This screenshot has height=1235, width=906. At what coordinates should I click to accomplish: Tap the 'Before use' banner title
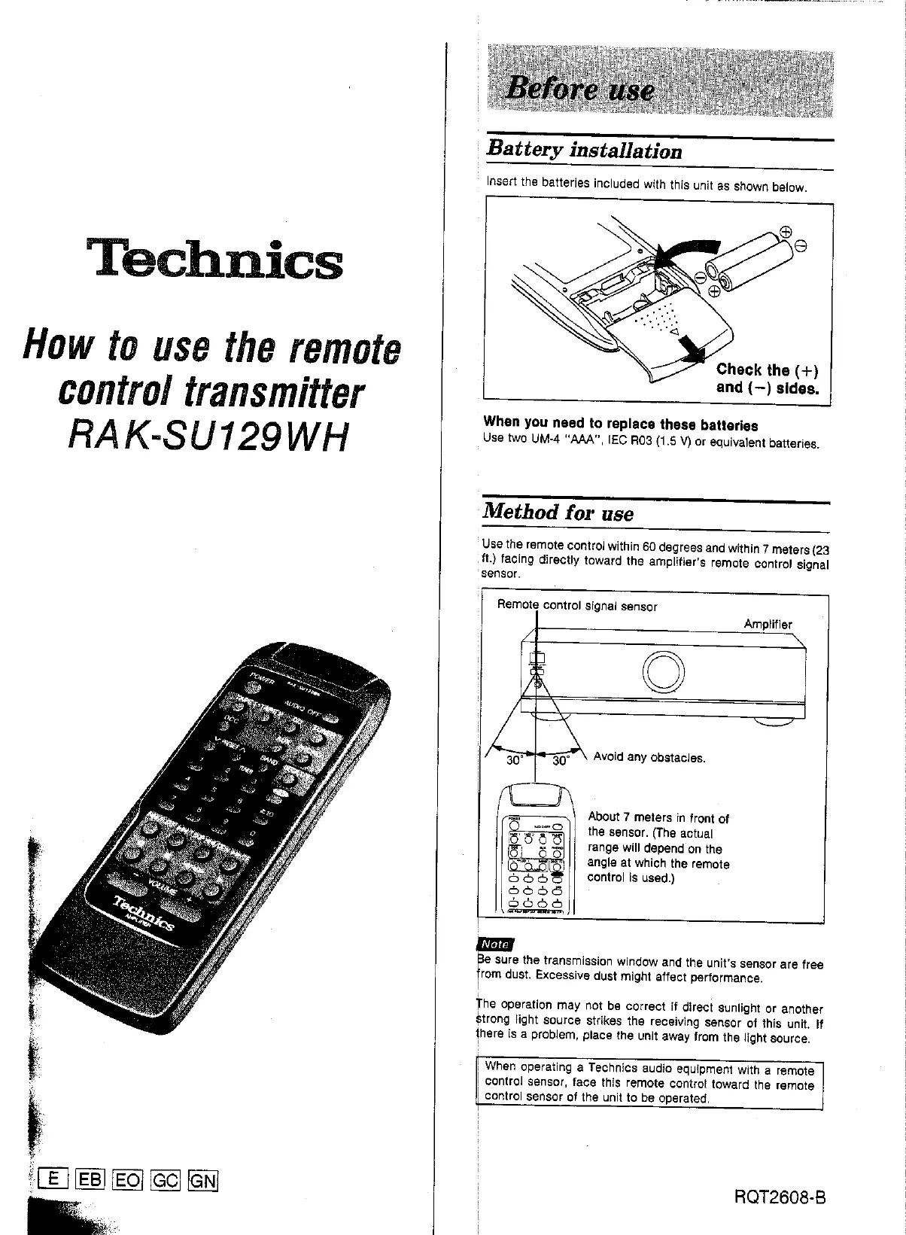(x=579, y=89)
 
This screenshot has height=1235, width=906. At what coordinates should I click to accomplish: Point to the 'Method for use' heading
(x=558, y=513)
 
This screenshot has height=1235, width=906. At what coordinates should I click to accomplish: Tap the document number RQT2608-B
(x=780, y=1197)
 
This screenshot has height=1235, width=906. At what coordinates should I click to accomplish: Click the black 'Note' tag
(x=495, y=944)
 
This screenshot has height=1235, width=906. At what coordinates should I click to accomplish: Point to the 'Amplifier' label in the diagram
(x=768, y=624)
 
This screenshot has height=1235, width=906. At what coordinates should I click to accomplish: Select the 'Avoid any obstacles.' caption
(x=649, y=757)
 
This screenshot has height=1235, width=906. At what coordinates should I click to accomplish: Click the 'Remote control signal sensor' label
(x=577, y=606)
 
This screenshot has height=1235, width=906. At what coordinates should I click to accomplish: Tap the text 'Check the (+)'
(x=767, y=370)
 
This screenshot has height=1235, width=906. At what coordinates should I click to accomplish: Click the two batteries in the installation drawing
(x=749, y=260)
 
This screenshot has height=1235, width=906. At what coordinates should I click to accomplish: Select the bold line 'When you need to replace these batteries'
(x=620, y=424)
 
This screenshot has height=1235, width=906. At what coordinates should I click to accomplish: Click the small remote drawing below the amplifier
(x=536, y=850)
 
